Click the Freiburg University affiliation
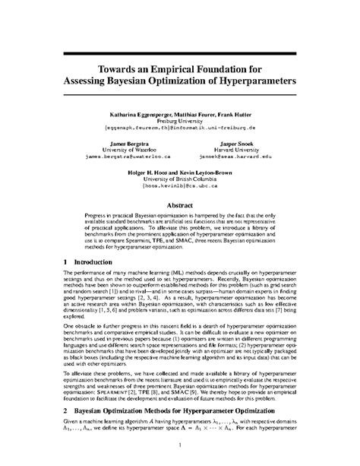tap(179, 119)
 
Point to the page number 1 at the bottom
tap(180, 445)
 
